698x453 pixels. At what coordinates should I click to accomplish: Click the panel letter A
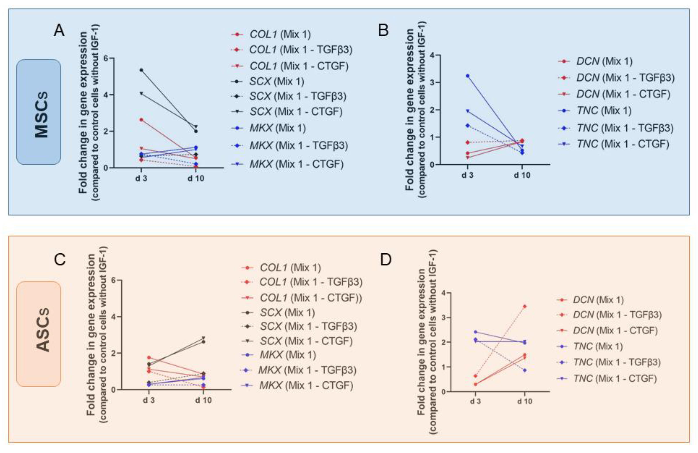point(59,31)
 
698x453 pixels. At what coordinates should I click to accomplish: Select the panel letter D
point(386,259)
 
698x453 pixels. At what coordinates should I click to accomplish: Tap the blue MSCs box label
point(39,112)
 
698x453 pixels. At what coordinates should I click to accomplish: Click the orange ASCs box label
point(39,334)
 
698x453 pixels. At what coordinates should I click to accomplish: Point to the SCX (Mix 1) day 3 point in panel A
point(141,70)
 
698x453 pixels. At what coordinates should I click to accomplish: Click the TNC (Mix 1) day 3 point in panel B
point(468,76)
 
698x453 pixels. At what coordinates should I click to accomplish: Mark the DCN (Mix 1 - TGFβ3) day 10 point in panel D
point(525,306)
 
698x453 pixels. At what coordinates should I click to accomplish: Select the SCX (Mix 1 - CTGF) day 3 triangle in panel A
point(141,94)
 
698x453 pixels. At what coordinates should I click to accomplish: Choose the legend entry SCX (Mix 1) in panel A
point(277,81)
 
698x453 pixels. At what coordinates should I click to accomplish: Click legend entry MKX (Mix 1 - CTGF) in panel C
point(306,386)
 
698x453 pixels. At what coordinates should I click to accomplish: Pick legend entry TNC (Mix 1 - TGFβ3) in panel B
point(625,128)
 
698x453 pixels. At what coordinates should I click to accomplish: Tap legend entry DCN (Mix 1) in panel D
point(598,300)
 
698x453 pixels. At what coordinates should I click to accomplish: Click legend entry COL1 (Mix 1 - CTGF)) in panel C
point(310,298)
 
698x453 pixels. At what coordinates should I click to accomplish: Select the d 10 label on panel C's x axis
point(203,400)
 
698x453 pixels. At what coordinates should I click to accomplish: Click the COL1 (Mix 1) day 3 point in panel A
point(141,120)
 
